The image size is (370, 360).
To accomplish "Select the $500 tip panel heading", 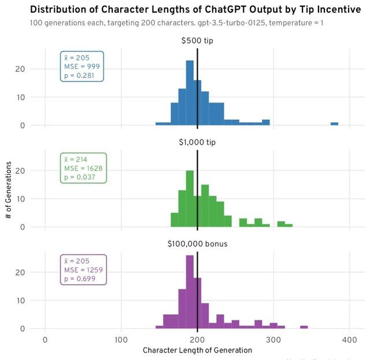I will (x=197, y=41).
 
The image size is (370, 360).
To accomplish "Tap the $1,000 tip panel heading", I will (x=197, y=142).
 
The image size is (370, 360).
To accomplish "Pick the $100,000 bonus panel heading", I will (x=197, y=244).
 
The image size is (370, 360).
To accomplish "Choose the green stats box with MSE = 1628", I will (x=83, y=168).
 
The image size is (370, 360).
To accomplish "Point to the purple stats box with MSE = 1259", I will (x=83, y=270).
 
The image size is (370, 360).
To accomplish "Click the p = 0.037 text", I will (x=80, y=177).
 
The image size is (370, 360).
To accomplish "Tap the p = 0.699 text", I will (x=80, y=278).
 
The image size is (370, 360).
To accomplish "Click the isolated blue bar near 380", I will (x=334, y=124).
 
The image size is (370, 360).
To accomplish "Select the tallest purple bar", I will (x=190, y=292).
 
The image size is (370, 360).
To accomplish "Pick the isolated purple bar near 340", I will (x=304, y=328).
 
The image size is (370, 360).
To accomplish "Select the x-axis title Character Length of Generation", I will (x=197, y=350).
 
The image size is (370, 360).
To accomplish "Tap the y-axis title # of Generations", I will (x=9, y=184).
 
